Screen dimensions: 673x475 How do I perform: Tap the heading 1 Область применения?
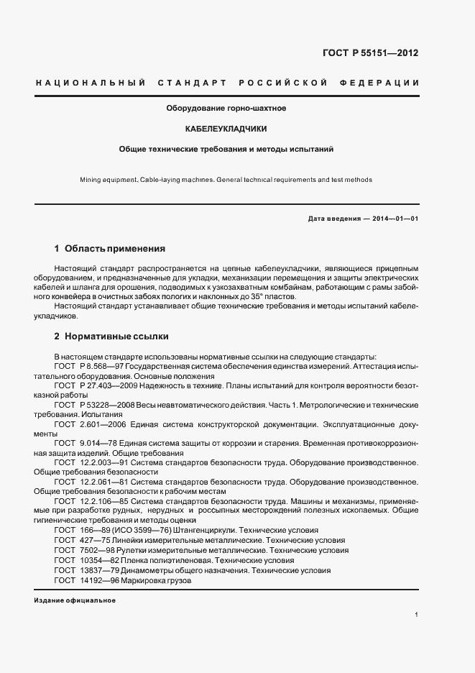(x=110, y=249)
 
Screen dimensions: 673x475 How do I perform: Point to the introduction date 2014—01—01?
(x=393, y=219)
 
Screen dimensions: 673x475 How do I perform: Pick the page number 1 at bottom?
(x=417, y=615)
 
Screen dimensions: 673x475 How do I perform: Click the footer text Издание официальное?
(x=70, y=600)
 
